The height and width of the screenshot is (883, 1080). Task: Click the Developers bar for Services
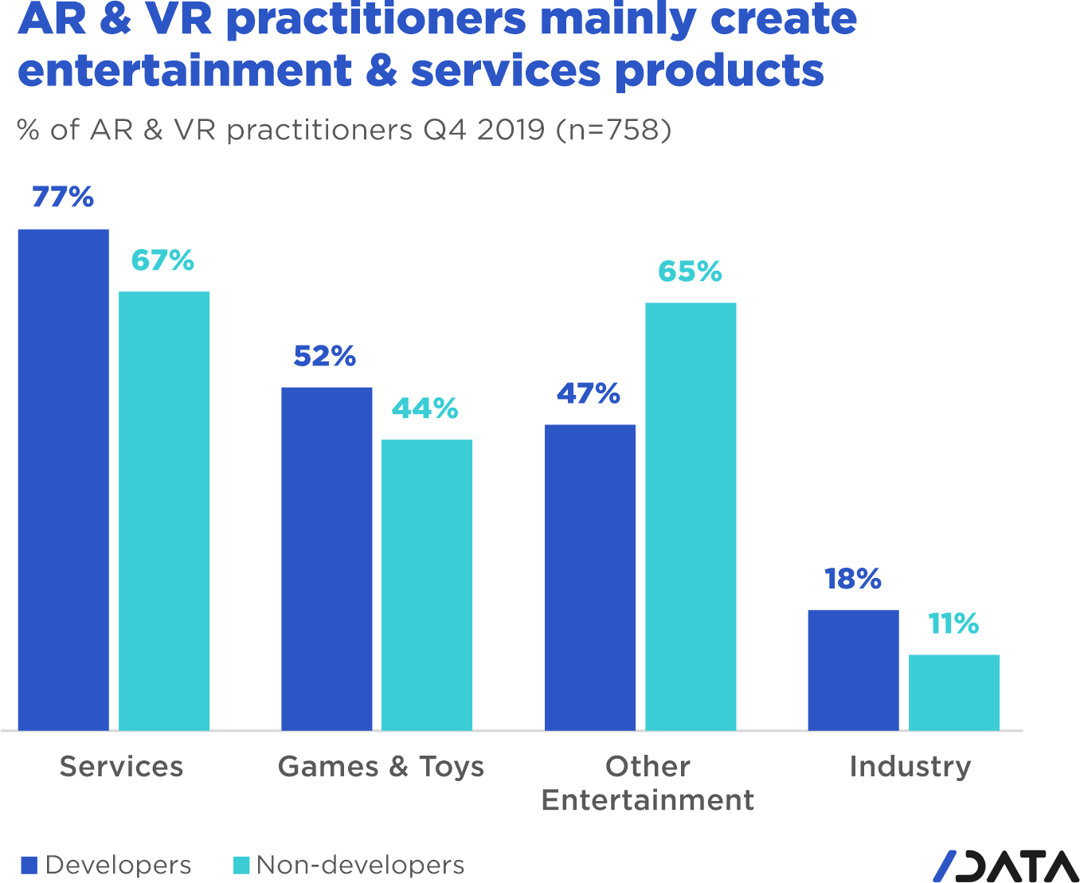pos(63,479)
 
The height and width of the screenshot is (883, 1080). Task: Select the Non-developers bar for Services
pos(164,510)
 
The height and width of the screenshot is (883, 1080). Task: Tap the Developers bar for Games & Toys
pos(327,558)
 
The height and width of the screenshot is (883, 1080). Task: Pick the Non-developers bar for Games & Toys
pos(427,584)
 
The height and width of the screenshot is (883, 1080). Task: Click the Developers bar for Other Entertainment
pos(590,577)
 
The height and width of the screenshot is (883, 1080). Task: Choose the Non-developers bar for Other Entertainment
pos(691,516)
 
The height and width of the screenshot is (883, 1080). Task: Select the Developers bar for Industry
pos(853,670)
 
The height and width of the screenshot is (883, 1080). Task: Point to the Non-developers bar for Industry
pos(954,692)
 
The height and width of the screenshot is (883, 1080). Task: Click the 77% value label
pos(63,197)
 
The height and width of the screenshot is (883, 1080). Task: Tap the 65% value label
pos(690,272)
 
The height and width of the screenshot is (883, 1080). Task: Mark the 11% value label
pos(953,623)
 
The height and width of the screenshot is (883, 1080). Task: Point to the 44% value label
pos(425,408)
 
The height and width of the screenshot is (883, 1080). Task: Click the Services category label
pos(121,766)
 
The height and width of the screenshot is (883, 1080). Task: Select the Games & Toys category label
pos(381,766)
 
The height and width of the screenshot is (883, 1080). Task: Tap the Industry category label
pos(910,766)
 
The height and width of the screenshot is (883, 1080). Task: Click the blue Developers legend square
pos(29,865)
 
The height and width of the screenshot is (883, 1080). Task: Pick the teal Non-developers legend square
pos(241,865)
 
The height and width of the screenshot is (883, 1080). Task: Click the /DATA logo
pos(1005,866)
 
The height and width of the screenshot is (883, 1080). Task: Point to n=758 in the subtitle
pos(614,129)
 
